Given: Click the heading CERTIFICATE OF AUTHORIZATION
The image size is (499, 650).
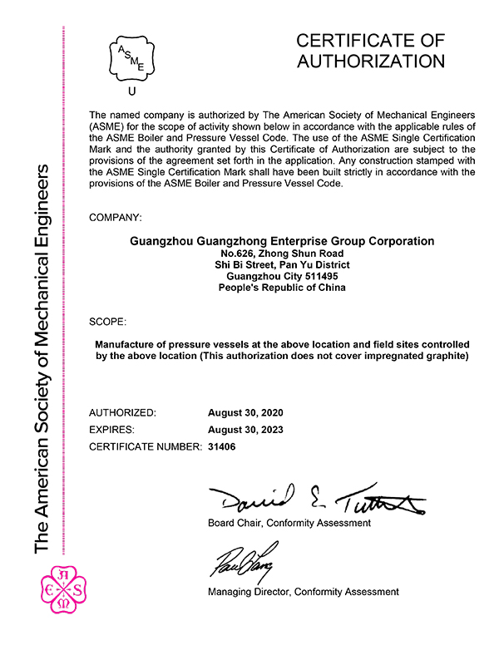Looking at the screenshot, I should click(370, 51).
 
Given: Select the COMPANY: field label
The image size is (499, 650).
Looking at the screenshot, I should click(115, 218).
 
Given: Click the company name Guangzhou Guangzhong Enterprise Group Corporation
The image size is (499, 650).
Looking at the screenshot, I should click(283, 241).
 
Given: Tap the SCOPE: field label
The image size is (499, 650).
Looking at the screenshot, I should click(107, 321).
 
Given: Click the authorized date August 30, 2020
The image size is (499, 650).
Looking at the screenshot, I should click(245, 412).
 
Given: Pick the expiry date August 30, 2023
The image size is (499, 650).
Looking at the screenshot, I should click(245, 430).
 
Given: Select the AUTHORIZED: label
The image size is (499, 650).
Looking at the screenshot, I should click(121, 412).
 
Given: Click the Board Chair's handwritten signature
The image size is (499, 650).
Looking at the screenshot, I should click(316, 499).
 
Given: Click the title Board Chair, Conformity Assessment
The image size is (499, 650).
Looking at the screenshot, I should click(289, 523).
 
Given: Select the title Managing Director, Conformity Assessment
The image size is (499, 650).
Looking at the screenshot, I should click(303, 592).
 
